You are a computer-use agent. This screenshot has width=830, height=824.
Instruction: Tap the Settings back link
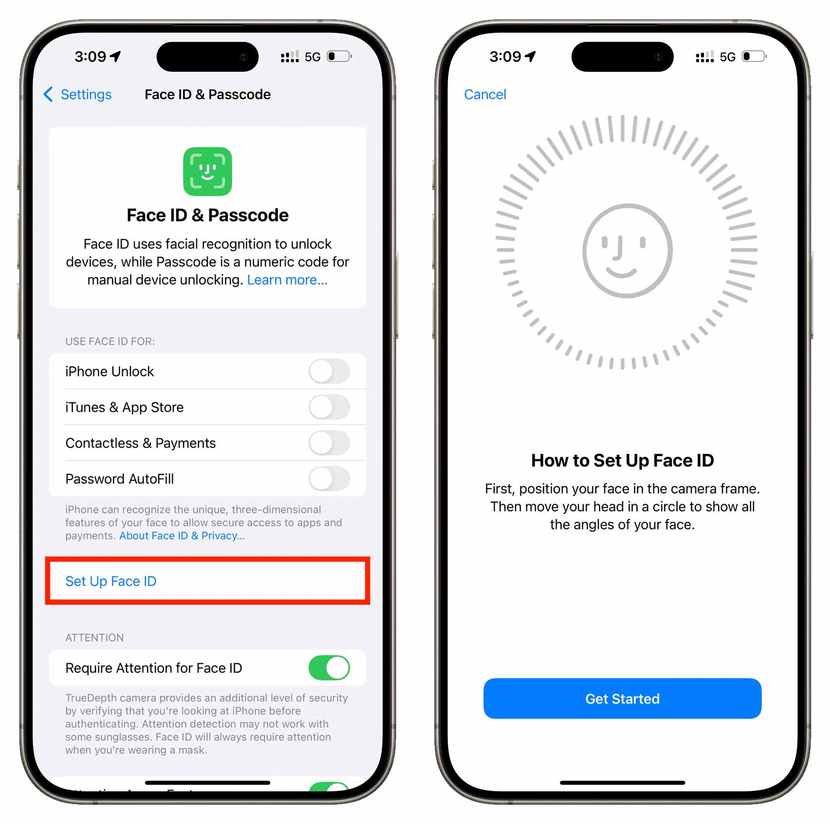coord(78,94)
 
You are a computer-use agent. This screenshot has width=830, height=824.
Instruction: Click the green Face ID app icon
coord(207,171)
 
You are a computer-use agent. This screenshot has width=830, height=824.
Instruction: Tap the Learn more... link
coord(287,280)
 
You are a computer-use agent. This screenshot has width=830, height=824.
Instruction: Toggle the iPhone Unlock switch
coord(329,371)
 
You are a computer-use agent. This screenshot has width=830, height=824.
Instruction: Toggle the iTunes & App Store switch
coord(329,407)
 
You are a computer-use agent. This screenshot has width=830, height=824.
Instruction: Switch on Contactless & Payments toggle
coord(329,443)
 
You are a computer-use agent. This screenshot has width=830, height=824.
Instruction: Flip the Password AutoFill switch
coord(329,479)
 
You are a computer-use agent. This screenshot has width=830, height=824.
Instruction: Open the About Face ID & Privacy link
coord(182,535)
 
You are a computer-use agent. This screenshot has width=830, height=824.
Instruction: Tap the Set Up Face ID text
coord(111,581)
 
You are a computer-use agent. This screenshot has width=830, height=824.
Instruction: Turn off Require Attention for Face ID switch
coord(329,668)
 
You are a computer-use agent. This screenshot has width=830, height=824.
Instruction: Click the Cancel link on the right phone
coord(485,94)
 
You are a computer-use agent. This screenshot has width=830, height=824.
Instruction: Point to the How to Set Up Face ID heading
coord(622,460)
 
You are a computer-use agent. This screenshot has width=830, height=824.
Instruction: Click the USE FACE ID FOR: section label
coord(110,341)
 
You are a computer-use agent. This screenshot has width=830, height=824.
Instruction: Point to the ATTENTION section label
coord(94,637)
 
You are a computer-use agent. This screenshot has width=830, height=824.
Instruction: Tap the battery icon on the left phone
coord(340,56)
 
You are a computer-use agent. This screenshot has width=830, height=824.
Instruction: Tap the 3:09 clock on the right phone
coord(506,56)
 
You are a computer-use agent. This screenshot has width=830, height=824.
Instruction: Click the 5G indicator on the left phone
coord(313,57)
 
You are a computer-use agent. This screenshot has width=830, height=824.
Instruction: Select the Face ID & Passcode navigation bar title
coord(208,94)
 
